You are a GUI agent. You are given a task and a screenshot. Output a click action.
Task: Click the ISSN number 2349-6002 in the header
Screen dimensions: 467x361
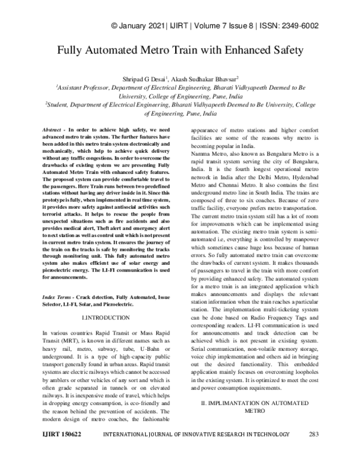pyautogui.click(x=298, y=26)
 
